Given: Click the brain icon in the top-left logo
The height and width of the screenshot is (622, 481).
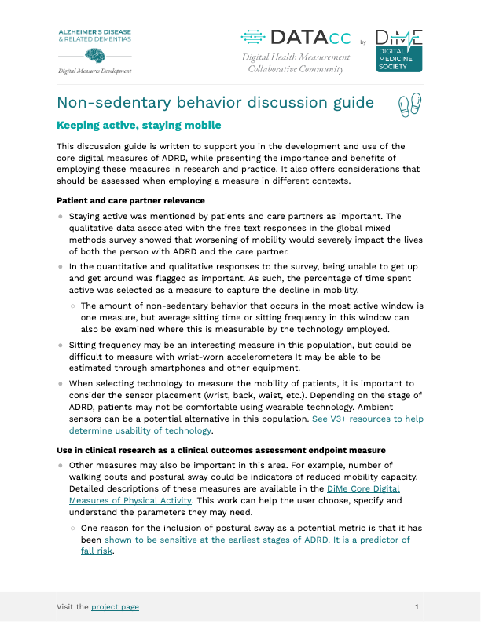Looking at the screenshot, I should [95, 56].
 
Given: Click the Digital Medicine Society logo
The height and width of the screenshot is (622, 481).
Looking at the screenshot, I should [398, 51].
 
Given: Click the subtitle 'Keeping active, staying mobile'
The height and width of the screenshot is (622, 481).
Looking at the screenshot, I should [139, 126].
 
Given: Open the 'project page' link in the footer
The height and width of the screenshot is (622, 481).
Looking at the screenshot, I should [115, 607].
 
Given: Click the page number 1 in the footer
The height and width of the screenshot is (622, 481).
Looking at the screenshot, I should [417, 607].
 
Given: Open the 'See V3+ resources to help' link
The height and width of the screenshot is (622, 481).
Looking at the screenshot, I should [368, 419].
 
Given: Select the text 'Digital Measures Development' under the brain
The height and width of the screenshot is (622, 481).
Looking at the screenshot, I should [94, 71].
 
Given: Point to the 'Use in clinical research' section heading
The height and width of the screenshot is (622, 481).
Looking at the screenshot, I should [221, 450].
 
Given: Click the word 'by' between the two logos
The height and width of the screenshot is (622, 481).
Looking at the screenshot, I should [362, 42].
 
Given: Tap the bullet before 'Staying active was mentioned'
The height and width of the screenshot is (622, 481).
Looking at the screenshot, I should [61, 216].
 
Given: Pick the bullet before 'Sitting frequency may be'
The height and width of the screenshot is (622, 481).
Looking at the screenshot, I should [61, 345].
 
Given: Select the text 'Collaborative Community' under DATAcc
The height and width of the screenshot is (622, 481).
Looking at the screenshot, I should [296, 69].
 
